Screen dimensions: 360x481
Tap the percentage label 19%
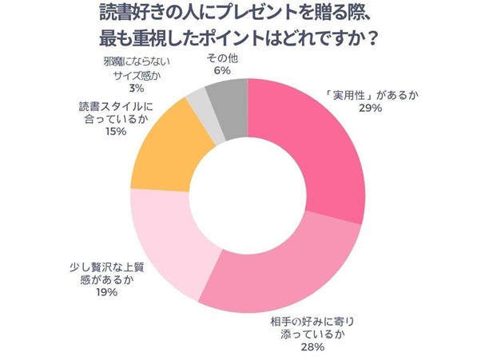tap(104, 293)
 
